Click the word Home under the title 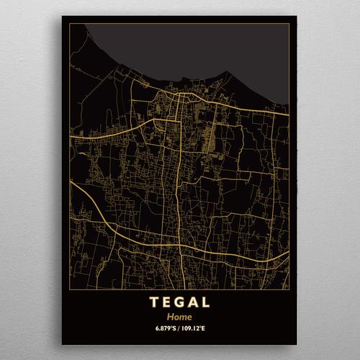click(181, 316)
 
